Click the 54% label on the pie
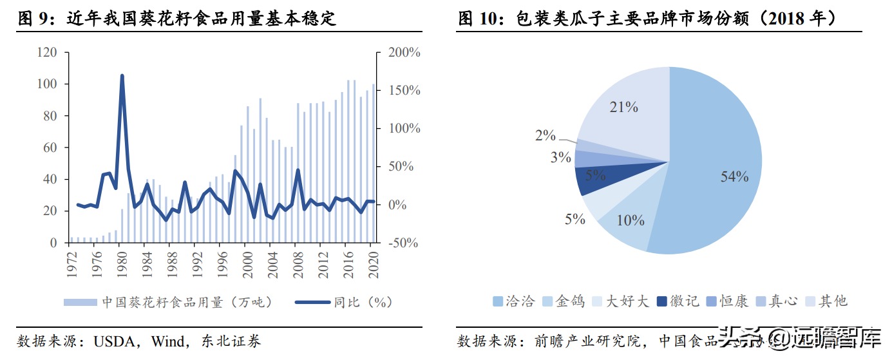click(734, 176)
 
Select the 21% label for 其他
click(623, 108)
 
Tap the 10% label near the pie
click(631, 220)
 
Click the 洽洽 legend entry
click(514, 301)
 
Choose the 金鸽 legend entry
click(564, 301)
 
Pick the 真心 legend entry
click(776, 301)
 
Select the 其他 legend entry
click(826, 301)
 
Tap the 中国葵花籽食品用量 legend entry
click(167, 301)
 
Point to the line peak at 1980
click(122, 76)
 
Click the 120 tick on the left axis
click(47, 52)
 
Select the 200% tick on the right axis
click(404, 52)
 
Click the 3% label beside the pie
click(561, 156)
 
